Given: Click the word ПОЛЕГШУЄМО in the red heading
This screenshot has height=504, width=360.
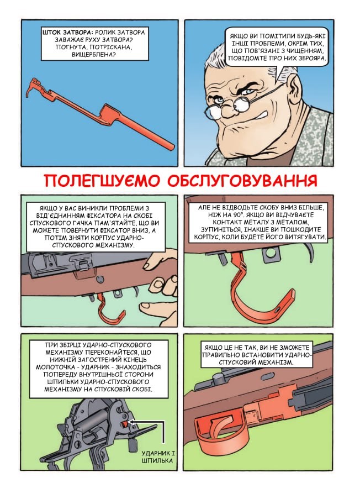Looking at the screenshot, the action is [x=102, y=181].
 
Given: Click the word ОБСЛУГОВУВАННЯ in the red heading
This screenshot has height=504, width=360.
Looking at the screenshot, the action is [x=242, y=181].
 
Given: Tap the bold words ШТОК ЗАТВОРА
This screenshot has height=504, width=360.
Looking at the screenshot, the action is [x=67, y=33].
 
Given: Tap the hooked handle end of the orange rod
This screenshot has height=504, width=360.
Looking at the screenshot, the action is [x=35, y=86].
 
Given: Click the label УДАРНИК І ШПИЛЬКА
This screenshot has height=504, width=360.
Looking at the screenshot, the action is [x=158, y=457].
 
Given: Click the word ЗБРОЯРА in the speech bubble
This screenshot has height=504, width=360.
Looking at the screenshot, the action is [x=311, y=59].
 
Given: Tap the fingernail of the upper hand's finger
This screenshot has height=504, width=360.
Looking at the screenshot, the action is [x=148, y=265].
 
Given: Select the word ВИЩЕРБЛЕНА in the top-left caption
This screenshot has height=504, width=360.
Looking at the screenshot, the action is [x=94, y=54].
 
